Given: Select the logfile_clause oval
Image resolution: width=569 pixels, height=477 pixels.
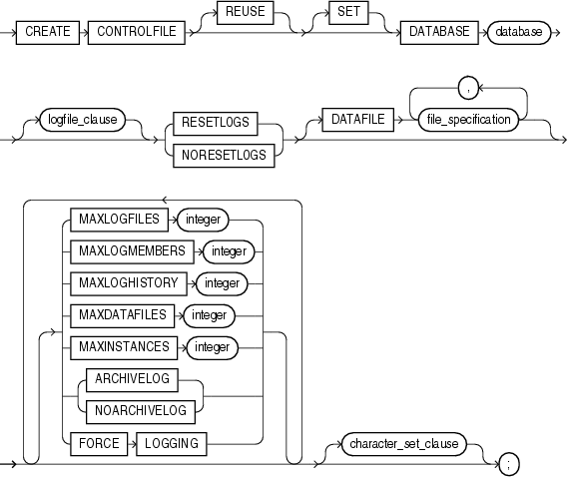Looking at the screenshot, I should tap(79, 121).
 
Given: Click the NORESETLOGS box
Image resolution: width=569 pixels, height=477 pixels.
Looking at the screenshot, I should tap(225, 155).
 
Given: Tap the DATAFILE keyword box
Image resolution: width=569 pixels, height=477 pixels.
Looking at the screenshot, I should tap(353, 121).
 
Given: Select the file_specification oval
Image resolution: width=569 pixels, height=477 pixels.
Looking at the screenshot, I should tap(467, 121).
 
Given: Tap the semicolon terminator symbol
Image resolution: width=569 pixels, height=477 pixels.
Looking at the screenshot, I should tap(508, 465).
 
